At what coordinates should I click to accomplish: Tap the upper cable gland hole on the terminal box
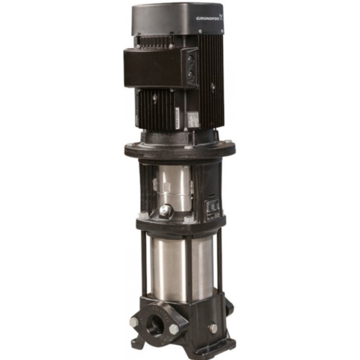click(x=191, y=59)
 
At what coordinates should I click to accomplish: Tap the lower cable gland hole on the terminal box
click(x=191, y=75)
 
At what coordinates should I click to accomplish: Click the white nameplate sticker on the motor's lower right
click(x=193, y=119)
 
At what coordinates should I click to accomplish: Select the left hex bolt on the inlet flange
click(x=134, y=321)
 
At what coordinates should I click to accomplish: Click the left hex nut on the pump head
click(x=143, y=215)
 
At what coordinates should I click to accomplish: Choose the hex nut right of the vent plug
click(x=188, y=219)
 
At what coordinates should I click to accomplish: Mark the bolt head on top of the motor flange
click(x=188, y=147)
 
